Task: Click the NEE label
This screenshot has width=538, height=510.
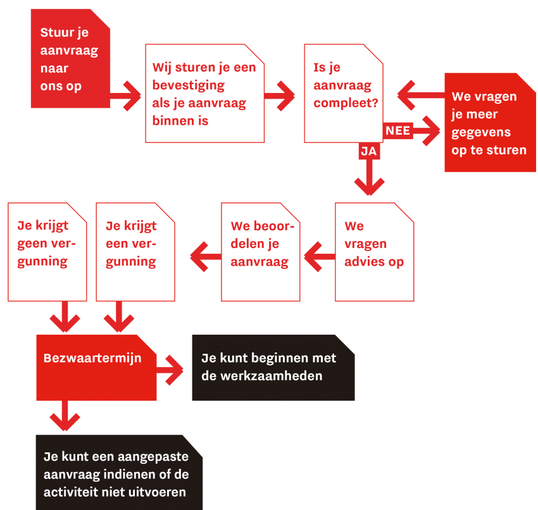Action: pos(397,131)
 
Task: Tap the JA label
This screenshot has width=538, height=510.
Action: pos(369,151)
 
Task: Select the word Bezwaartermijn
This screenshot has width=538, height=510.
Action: pos(92,358)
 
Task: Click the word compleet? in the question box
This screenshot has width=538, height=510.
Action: pos(346,103)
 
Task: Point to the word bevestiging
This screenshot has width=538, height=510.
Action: pos(189,85)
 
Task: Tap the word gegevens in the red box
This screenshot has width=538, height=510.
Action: pos(481,132)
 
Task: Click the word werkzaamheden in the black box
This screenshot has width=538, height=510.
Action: pos(272,376)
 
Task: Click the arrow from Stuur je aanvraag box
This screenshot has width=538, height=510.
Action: pos(125,96)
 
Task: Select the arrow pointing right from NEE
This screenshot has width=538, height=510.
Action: pos(426,131)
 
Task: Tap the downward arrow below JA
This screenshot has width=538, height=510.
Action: pos(369,177)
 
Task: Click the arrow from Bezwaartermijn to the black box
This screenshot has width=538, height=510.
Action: pos(170,370)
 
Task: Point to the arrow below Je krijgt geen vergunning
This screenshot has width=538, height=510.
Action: pos(65,316)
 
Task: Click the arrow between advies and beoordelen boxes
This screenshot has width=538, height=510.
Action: pos(320,256)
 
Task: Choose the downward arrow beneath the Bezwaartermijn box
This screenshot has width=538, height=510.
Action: pos(65,415)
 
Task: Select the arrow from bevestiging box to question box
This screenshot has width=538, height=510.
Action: pos(279,96)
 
